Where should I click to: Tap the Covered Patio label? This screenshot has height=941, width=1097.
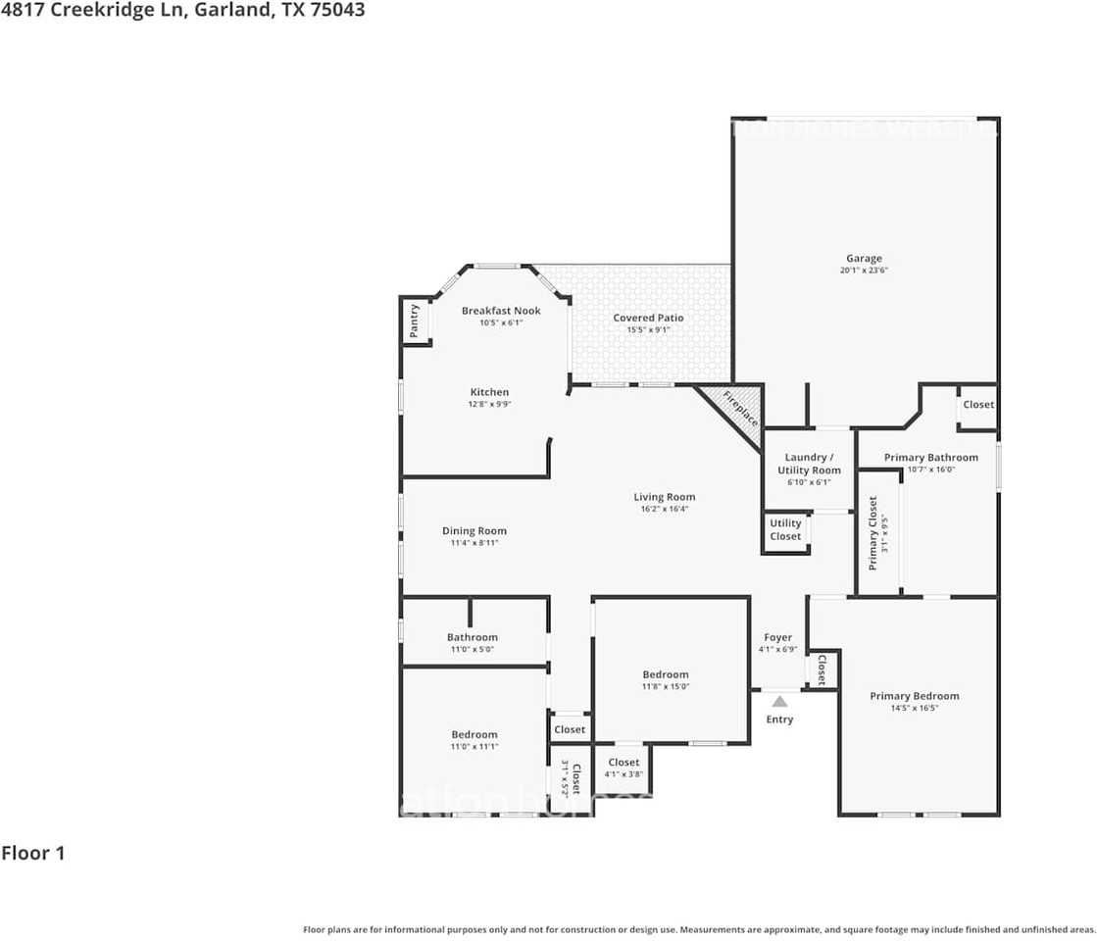648,318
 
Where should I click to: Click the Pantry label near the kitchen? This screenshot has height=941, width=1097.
414,322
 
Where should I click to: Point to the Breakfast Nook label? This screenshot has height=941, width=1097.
501,311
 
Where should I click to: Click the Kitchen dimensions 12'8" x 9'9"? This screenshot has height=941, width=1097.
489,404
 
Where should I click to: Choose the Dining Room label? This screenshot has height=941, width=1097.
474,531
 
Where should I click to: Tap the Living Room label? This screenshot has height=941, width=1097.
664,497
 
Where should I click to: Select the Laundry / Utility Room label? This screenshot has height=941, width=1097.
809,464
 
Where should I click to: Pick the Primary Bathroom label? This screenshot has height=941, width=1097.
930,457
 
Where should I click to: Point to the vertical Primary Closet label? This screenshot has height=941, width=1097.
873,532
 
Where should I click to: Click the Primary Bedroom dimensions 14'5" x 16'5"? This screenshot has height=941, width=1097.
914,708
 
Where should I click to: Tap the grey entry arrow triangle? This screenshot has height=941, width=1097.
779,701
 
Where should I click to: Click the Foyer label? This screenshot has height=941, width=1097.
777,637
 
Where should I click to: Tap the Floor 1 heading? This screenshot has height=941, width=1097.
33,853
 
